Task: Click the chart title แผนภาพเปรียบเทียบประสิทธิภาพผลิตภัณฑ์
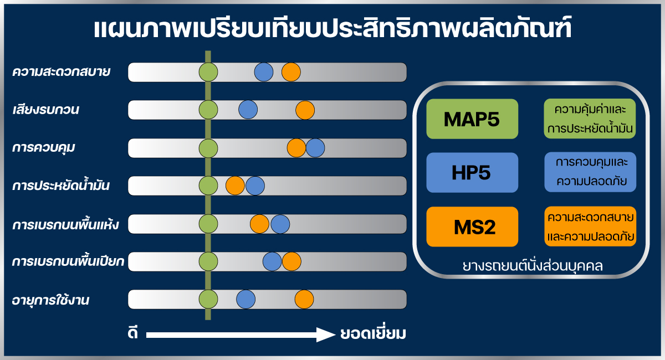pos(332,28)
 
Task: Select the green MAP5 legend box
pos(472,119)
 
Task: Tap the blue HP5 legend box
pos(472,172)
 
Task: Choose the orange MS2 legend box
pos(472,227)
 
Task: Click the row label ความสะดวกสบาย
pos(61,72)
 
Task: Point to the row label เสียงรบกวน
pos(45,109)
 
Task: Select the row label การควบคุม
pos(43,147)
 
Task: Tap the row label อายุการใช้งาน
pos(50,300)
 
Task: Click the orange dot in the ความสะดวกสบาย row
pos(291,72)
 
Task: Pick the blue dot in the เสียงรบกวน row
pos(248,110)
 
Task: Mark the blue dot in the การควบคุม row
pos(315,148)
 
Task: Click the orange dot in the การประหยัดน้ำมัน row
pos(235,186)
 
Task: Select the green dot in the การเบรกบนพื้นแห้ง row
pos(208,224)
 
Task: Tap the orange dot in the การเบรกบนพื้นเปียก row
pos(291,261)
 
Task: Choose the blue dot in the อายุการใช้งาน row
pos(246,299)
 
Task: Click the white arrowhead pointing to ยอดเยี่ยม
pos(326,335)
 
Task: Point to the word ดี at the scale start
pos(132,333)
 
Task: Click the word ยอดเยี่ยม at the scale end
pos(373,333)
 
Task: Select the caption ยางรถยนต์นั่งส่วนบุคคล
pos(533,266)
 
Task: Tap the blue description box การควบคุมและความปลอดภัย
pos(590,172)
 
